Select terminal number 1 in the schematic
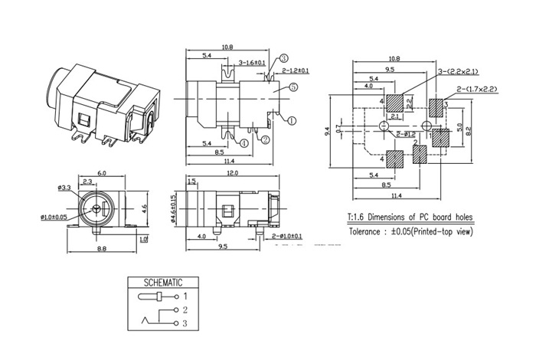[x=185, y=296]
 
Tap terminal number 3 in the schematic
[x=185, y=325]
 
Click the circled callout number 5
[x=293, y=88]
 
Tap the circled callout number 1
[x=291, y=119]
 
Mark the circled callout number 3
[x=283, y=58]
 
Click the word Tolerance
[x=369, y=231]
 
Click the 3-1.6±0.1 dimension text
[x=252, y=62]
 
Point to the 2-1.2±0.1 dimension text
[x=296, y=70]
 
